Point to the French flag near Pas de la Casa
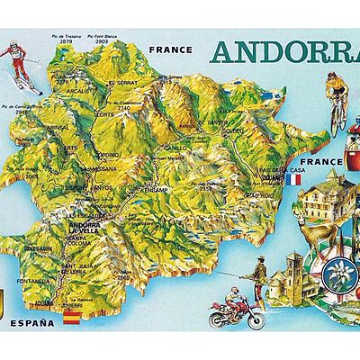(294, 179)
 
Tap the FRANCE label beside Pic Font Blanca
(172, 50)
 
